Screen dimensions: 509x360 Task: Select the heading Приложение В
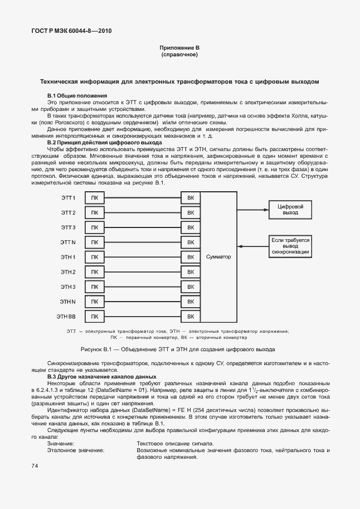(x=179, y=49)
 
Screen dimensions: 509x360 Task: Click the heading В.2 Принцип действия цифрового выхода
(x=97, y=143)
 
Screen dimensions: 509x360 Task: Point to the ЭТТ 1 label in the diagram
(x=68, y=198)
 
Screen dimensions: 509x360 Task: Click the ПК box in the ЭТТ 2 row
(x=94, y=213)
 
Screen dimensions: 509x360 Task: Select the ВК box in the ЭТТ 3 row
(x=191, y=227)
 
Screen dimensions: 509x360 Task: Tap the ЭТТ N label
(x=68, y=243)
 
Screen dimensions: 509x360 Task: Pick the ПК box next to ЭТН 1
(x=94, y=257)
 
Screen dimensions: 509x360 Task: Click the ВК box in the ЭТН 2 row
(x=191, y=272)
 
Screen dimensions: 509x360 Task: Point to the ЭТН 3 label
(x=68, y=287)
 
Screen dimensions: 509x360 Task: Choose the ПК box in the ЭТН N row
(x=94, y=302)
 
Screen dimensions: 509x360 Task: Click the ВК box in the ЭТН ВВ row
(x=191, y=317)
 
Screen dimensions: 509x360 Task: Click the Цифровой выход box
(x=290, y=210)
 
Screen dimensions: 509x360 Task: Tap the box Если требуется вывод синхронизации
(x=290, y=246)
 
